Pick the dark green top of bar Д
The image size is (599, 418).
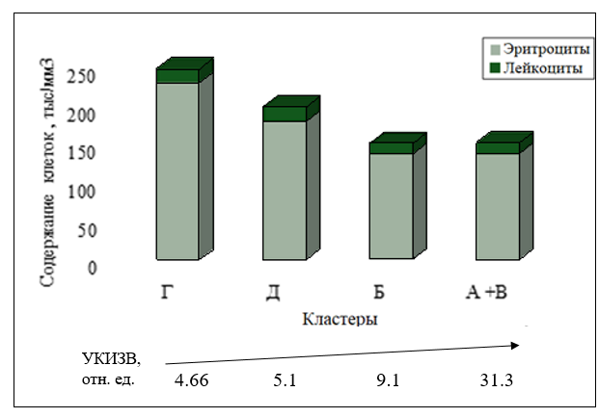pos(285,114)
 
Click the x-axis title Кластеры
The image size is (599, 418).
pos(339,319)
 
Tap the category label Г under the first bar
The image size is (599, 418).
pos(165,292)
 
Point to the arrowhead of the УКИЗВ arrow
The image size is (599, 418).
pos(524,343)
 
